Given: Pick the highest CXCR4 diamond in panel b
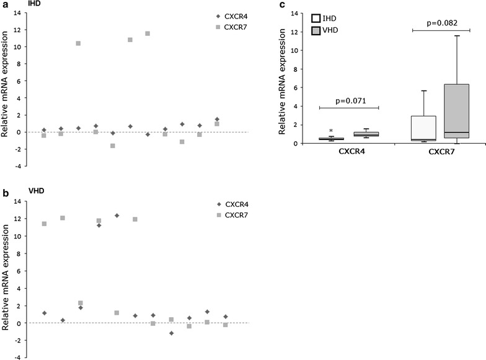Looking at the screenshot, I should point(117,216).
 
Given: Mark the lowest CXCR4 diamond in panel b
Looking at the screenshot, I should point(171,333).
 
